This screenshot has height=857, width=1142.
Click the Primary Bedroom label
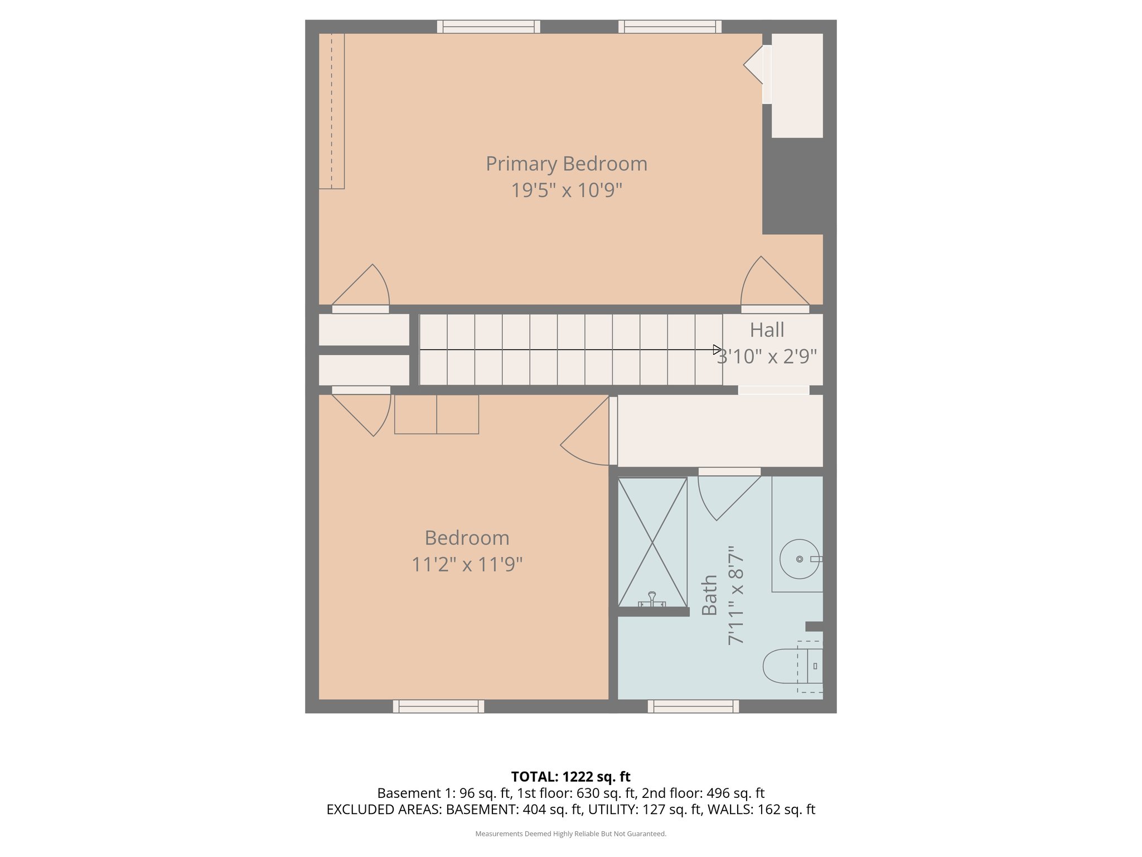click(x=566, y=163)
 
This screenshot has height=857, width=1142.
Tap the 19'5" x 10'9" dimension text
click(x=566, y=190)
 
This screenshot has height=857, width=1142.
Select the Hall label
click(x=767, y=330)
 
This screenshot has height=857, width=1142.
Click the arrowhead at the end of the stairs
click(x=717, y=350)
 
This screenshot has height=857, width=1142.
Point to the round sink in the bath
click(x=799, y=559)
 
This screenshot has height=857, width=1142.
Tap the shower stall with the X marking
click(x=652, y=542)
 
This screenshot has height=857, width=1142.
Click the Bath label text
click(x=709, y=595)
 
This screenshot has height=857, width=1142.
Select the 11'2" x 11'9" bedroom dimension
click(x=467, y=565)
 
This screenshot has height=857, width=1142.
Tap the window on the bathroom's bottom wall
click(x=693, y=706)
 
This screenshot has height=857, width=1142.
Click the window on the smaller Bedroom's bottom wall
click(x=438, y=706)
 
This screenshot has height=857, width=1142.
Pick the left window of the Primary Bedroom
click(x=488, y=26)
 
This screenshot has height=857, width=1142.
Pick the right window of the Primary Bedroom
click(x=670, y=26)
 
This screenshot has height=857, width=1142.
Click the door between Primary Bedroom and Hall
click(x=775, y=285)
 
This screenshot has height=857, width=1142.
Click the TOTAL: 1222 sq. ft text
click(x=570, y=777)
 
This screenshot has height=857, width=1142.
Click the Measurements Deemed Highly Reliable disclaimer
click(x=570, y=834)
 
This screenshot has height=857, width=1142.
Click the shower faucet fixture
click(x=652, y=600)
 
